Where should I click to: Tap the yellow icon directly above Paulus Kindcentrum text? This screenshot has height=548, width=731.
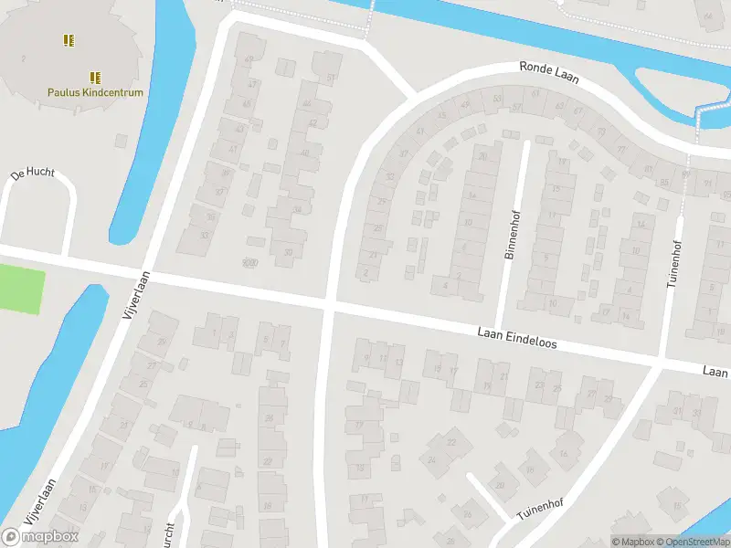click(95, 78)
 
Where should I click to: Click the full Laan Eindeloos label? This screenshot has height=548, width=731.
click(516, 340)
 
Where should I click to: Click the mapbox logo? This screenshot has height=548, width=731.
click(40, 536)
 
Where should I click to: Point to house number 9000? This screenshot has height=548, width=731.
click(249, 262)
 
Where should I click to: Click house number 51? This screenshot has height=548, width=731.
click(330, 79)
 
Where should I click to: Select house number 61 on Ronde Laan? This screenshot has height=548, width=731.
click(535, 95)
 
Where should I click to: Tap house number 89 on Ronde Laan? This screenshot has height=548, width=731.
click(685, 174)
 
